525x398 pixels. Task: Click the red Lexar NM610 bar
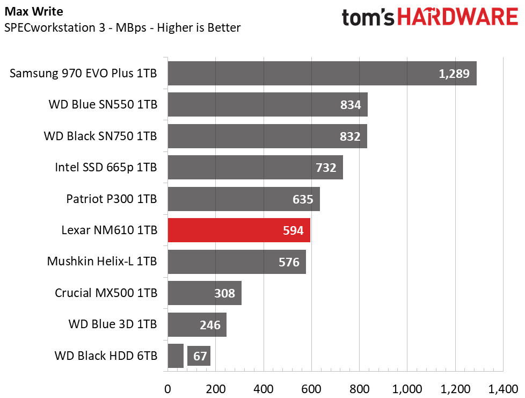(x=239, y=230)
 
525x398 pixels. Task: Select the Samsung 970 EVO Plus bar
(x=322, y=74)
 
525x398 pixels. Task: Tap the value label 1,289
(x=454, y=74)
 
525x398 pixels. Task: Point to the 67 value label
(x=200, y=356)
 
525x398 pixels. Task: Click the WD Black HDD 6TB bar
(x=176, y=356)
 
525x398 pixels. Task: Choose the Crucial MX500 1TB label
(x=106, y=293)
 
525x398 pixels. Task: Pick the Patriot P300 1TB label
(x=112, y=199)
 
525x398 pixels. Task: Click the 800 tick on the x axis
(x=359, y=389)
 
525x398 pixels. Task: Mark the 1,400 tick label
(x=503, y=389)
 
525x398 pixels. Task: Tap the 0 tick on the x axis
(x=167, y=389)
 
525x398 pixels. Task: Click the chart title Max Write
(x=34, y=11)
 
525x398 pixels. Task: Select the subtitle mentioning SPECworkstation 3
(x=122, y=27)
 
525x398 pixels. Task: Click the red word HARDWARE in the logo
(x=458, y=17)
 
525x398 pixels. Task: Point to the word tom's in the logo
(x=368, y=17)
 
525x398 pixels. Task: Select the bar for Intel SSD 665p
(x=256, y=167)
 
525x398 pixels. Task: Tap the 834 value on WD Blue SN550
(x=351, y=105)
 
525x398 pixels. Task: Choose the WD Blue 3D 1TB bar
(x=197, y=324)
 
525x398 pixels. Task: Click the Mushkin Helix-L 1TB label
(x=102, y=262)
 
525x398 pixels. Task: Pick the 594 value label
(x=293, y=230)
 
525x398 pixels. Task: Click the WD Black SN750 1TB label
(x=100, y=136)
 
